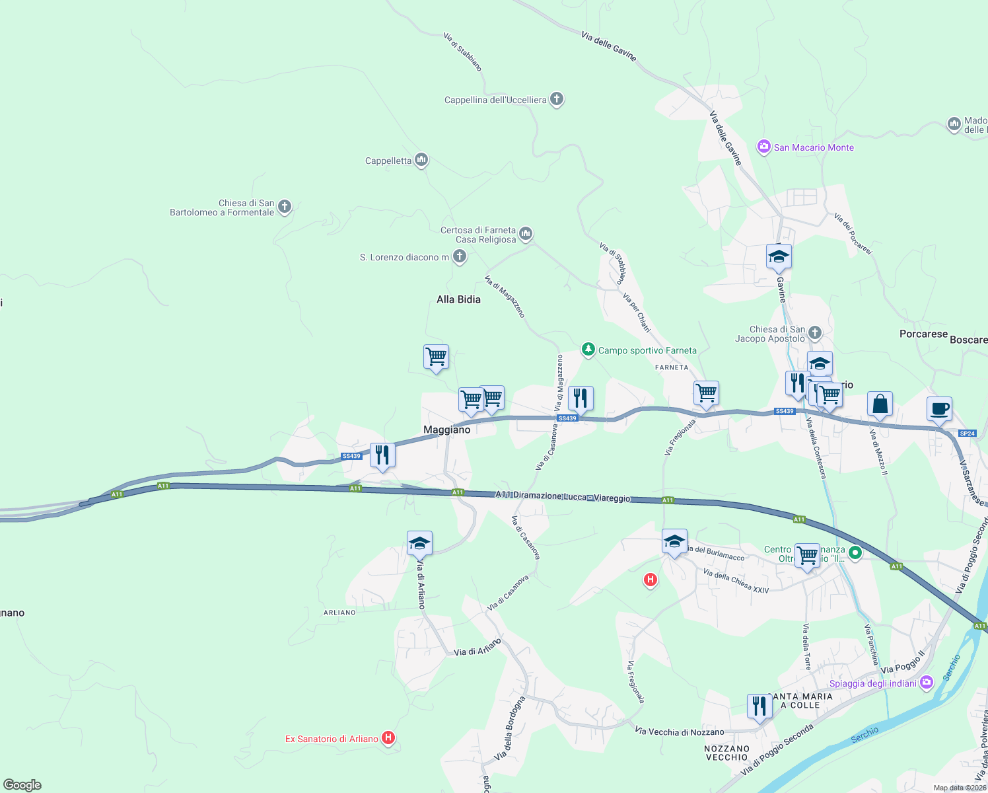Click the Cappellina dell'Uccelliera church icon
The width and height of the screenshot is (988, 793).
(557, 100)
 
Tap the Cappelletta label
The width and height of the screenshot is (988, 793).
(388, 161)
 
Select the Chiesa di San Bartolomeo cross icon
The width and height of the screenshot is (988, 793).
(285, 208)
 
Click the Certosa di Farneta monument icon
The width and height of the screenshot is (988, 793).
(526, 233)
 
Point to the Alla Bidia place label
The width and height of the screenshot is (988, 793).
(458, 299)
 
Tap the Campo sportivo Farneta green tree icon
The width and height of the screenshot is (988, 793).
(588, 349)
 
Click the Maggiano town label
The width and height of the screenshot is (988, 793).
(447, 430)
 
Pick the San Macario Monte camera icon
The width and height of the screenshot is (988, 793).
(764, 147)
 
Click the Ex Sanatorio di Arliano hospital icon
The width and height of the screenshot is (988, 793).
(388, 737)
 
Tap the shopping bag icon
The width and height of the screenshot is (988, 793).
(880, 404)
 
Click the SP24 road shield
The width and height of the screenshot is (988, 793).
(967, 434)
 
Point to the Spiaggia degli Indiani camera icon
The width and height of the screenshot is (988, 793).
(927, 682)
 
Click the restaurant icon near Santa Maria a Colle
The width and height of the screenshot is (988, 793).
(759, 706)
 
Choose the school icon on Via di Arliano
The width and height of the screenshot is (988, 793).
(419, 543)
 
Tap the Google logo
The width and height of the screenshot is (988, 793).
(22, 784)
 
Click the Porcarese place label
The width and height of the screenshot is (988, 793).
(923, 334)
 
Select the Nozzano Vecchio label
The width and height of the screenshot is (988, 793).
(726, 753)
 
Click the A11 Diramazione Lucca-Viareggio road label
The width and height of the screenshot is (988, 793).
(563, 496)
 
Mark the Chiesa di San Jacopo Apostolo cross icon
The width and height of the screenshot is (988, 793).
(815, 332)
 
